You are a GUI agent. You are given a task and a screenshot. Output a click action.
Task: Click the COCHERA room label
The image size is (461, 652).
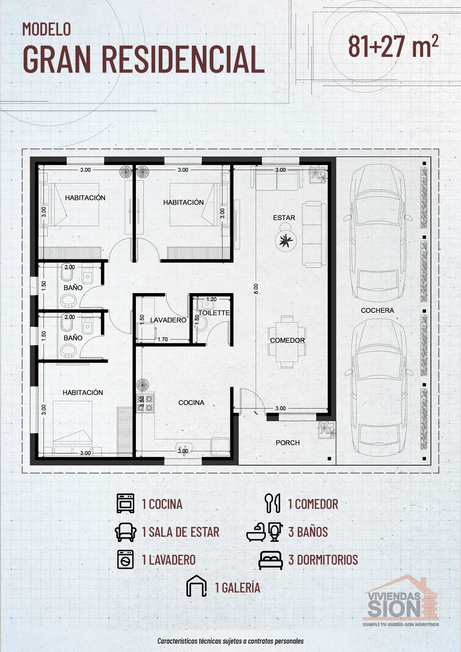[x=377, y=310]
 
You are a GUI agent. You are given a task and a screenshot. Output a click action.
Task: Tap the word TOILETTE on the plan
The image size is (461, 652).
[x=214, y=313]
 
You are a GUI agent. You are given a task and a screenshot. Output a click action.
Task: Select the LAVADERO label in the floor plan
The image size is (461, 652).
[x=168, y=320]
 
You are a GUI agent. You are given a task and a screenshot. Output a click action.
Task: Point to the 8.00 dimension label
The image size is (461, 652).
[x=256, y=289]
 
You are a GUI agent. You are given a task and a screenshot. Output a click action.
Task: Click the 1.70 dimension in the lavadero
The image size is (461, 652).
[x=163, y=339]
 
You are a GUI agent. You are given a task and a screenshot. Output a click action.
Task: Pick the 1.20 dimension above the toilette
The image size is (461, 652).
[x=211, y=299]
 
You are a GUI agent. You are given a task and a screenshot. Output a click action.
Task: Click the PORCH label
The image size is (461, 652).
[x=287, y=443]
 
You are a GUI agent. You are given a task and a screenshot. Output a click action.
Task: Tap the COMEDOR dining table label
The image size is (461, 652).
[x=287, y=340]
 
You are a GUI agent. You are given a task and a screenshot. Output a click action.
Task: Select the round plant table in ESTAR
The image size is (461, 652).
[x=286, y=241]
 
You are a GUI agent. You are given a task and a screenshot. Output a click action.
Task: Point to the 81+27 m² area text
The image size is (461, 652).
[x=393, y=46]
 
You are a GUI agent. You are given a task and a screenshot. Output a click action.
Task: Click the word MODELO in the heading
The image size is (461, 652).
[x=47, y=29]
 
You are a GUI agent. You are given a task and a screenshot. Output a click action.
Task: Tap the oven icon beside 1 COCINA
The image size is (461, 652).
[x=125, y=503]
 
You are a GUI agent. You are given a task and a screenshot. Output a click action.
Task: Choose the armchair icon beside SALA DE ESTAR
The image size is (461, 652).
[x=125, y=532]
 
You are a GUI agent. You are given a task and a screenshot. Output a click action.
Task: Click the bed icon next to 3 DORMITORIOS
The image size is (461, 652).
[x=270, y=560]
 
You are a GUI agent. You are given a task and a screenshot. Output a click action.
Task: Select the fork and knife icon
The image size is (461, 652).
[x=272, y=503]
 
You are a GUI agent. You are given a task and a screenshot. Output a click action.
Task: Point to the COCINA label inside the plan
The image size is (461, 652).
[x=191, y=402]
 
